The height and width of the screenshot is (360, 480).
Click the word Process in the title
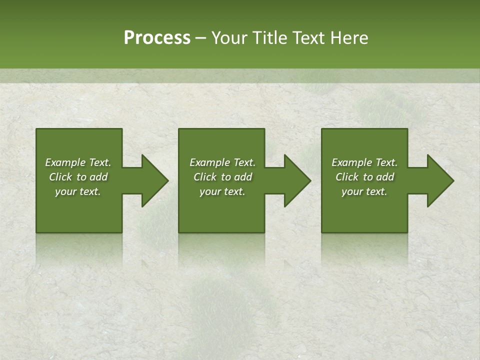click(157, 38)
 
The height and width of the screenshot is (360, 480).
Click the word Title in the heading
click(268, 38)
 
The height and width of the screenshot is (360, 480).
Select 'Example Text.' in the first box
click(78, 162)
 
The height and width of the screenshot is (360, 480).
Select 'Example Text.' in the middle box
click(222, 162)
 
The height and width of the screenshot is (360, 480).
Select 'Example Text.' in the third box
click(364, 162)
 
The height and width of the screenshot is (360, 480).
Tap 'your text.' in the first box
click(78, 191)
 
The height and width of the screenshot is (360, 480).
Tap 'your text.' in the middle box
click(222, 191)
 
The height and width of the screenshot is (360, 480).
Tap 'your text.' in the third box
click(364, 191)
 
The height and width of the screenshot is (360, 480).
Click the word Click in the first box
click(61, 177)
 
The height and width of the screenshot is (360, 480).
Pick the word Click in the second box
click(205, 177)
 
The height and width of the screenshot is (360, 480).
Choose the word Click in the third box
click(347, 177)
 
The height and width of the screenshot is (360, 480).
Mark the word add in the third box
click(385, 177)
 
